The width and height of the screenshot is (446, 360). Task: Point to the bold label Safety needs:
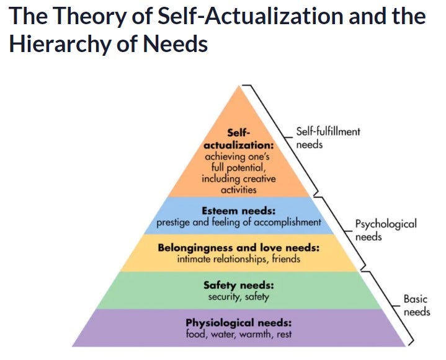(238, 286)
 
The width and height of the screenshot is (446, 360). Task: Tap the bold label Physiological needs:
(238, 323)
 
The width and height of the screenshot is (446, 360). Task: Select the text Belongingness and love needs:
(238, 248)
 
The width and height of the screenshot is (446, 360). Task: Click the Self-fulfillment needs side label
(328, 138)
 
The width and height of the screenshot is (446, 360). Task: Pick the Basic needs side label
(416, 305)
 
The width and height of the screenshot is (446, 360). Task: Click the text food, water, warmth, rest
(238, 335)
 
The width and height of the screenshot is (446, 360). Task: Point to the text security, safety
(238, 297)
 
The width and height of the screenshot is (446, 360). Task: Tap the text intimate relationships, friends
(238, 259)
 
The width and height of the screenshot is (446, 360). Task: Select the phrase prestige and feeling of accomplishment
(238, 221)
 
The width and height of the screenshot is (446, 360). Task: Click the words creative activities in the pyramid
(239, 184)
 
